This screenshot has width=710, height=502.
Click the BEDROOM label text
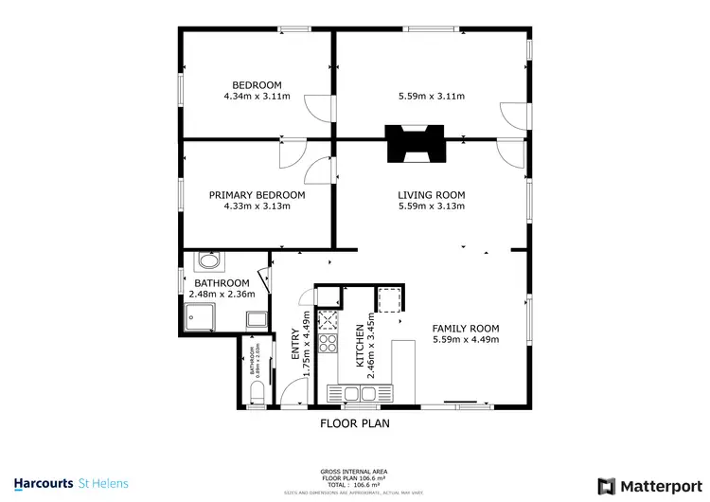[x=257, y=82]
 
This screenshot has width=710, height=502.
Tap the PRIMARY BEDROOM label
[x=257, y=195]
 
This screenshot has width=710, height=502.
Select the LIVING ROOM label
[x=431, y=195]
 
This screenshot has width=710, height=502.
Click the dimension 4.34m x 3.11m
[x=257, y=96]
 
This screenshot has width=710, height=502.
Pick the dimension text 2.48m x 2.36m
[x=222, y=295]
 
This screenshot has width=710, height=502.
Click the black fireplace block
[x=412, y=143]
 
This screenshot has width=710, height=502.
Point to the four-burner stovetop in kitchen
[x=330, y=342]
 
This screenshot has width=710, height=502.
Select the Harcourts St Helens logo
[x=71, y=483]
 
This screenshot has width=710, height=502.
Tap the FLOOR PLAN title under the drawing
[x=355, y=423]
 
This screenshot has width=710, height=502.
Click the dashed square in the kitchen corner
[x=388, y=299]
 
